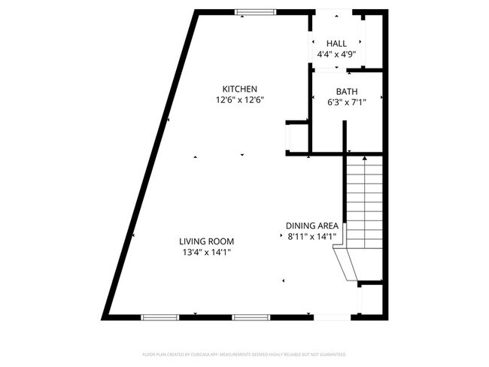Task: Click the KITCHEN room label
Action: point(240,88)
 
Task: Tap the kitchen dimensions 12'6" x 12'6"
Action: point(240,99)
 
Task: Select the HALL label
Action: point(336,43)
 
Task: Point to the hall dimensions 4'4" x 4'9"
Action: point(336,54)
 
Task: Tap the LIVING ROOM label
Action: point(206,241)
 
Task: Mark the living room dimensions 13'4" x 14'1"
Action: point(206,253)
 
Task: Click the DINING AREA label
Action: point(313,226)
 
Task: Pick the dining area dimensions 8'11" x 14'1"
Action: point(313,237)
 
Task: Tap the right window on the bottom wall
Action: point(251,317)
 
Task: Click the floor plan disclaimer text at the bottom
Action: point(244,353)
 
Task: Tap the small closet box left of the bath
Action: point(294,138)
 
